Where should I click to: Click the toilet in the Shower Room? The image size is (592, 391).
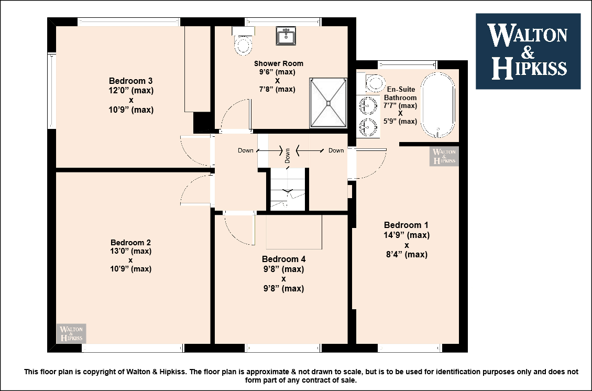[244, 41]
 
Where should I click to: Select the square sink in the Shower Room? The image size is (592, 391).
[286, 36]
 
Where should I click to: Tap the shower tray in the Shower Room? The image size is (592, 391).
[328, 103]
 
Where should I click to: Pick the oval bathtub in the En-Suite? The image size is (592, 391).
[438, 105]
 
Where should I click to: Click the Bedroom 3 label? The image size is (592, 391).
[130, 81]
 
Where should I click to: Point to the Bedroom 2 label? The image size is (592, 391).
[130, 243]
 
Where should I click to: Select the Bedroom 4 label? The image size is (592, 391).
[283, 259]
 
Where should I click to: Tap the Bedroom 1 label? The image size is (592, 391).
[406, 225]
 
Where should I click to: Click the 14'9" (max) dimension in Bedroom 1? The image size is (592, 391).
[407, 235]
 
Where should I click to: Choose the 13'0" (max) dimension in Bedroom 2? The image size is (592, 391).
[130, 251]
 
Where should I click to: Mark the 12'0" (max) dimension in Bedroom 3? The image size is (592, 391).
[131, 91]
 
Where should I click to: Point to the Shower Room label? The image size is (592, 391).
[279, 63]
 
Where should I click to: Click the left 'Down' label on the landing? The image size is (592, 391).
[245, 150]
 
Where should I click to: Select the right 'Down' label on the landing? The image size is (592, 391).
[336, 150]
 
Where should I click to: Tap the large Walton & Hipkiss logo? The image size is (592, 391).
[528, 51]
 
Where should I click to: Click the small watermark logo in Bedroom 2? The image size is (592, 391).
[71, 333]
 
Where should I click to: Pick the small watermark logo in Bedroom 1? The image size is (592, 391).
[444, 156]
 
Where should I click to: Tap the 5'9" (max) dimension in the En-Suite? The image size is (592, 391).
[400, 121]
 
